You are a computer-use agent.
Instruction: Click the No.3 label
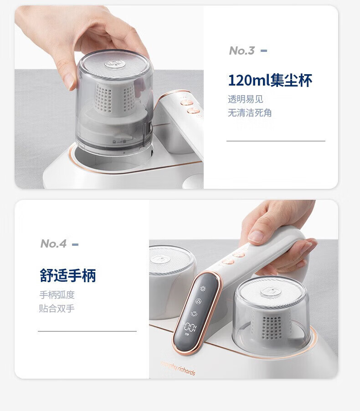(242, 51)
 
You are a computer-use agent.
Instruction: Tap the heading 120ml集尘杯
(270, 80)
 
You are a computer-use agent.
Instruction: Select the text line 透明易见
(245, 99)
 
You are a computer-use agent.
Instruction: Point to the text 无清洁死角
(250, 113)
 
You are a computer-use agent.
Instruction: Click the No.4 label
(53, 244)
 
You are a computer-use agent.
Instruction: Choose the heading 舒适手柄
(68, 275)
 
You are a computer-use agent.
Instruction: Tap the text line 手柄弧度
(57, 295)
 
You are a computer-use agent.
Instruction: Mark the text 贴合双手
(57, 308)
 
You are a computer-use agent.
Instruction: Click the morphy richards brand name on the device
(178, 368)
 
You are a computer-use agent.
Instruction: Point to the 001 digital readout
(190, 327)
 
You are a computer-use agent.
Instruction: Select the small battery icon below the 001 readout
(187, 335)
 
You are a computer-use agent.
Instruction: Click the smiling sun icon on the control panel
(194, 314)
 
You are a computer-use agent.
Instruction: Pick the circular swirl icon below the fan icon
(199, 301)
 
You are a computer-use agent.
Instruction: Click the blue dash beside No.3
(264, 51)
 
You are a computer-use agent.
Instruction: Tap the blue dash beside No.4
(75, 244)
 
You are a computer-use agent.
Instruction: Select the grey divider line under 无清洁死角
(276, 141)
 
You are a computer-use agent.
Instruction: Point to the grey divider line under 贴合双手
(87, 331)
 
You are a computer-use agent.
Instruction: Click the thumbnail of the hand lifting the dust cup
(109, 97)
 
